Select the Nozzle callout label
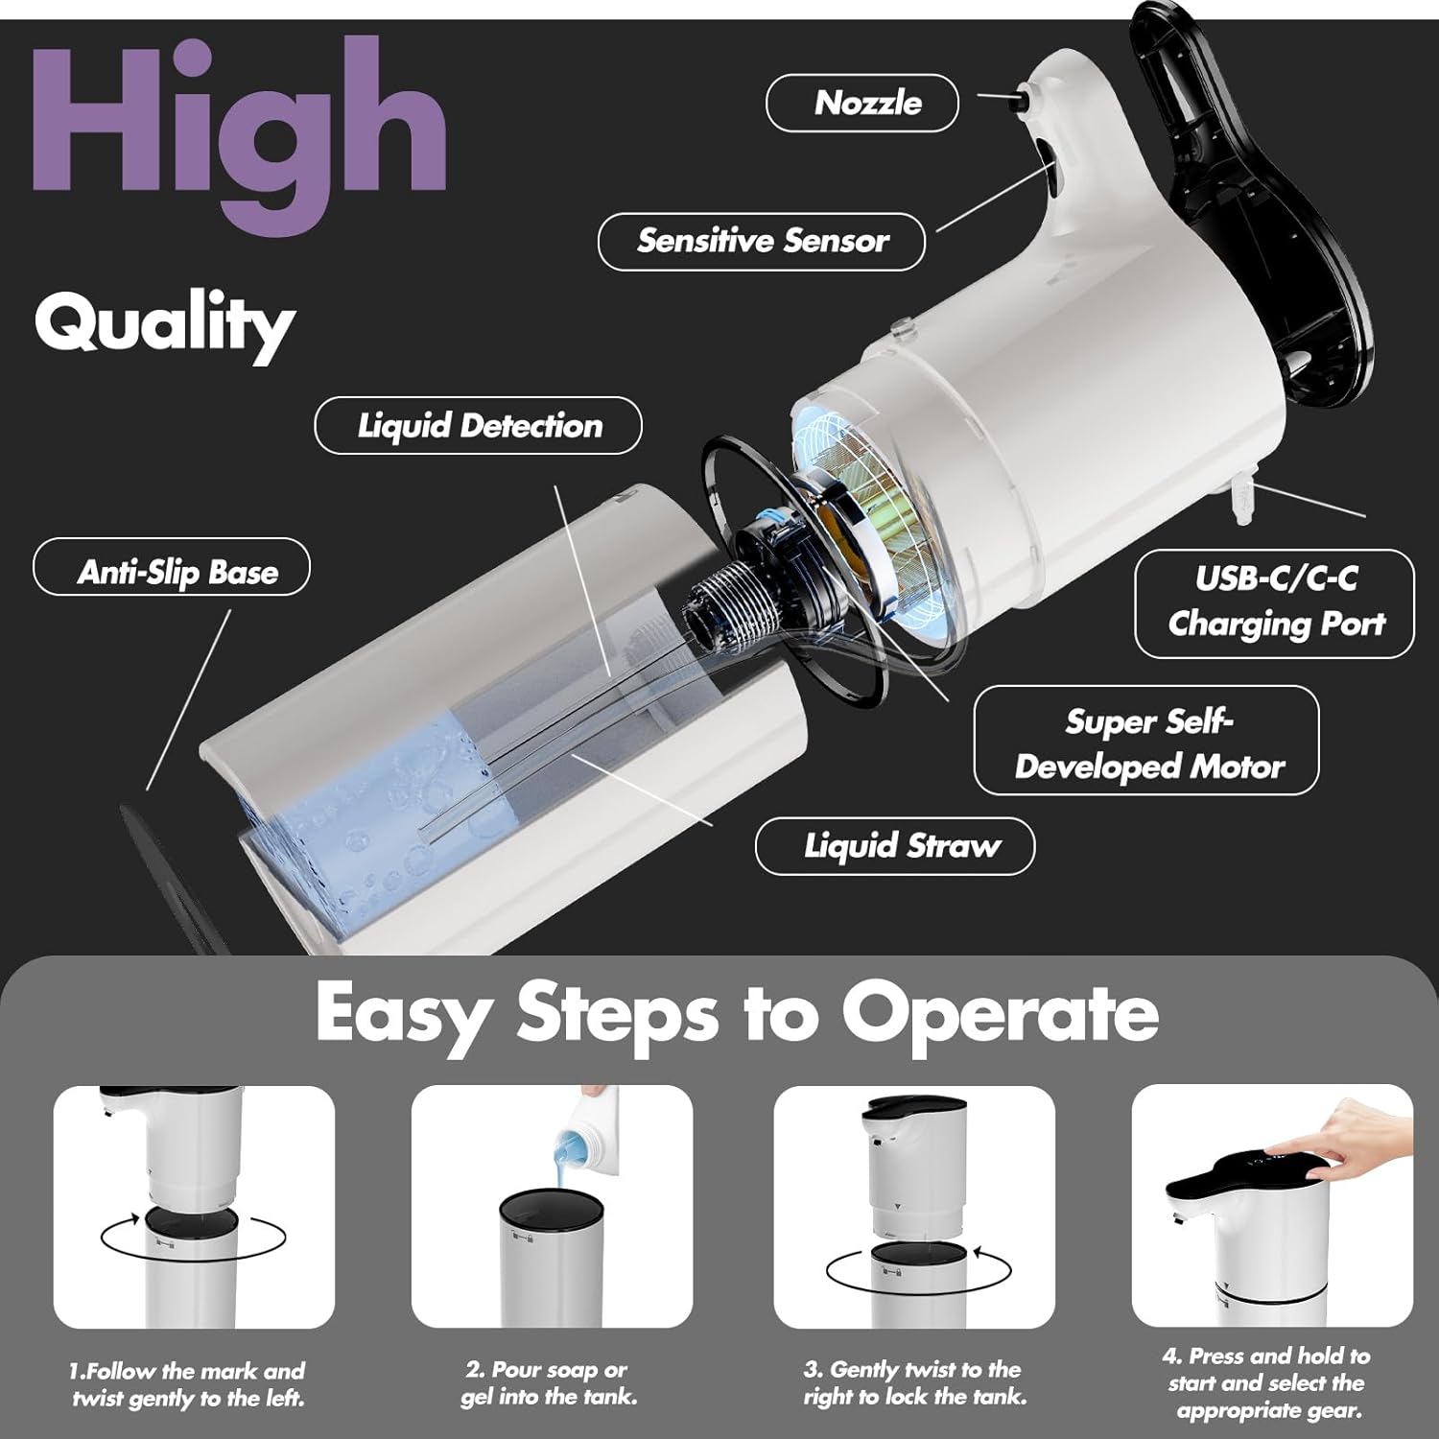coord(861,103)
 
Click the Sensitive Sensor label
coord(762,241)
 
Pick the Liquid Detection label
coord(478,425)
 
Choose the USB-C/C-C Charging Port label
coord(1274,602)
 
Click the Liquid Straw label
coord(895,846)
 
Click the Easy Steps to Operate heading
coord(737,1013)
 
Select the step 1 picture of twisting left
coord(194,1207)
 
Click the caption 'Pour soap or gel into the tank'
coord(549,1382)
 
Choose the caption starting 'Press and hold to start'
coord(1266,1382)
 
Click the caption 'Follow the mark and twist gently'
coord(188,1383)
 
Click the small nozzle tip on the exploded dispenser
coord(1025,98)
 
